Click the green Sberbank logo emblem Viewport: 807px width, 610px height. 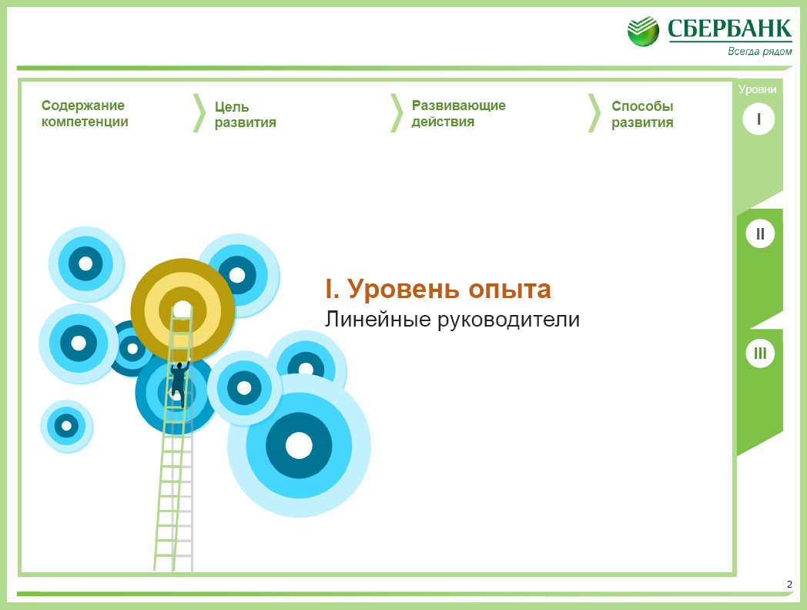(x=643, y=32)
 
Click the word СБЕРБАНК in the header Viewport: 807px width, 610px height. (x=730, y=28)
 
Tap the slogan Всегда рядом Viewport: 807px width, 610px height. (x=760, y=51)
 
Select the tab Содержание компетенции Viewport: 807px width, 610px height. (x=85, y=114)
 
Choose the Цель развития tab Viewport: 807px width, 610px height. (x=246, y=114)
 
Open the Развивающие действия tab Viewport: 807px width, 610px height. (x=459, y=114)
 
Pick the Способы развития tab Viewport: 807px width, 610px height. (x=642, y=114)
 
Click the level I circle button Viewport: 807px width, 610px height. (x=758, y=119)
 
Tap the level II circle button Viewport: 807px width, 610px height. (x=760, y=233)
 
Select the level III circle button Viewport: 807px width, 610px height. (x=760, y=353)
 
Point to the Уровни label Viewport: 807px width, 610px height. (x=757, y=89)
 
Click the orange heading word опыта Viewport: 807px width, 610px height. (x=510, y=290)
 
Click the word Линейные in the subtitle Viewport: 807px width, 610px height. (x=377, y=319)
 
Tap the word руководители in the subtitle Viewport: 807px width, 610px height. (x=508, y=320)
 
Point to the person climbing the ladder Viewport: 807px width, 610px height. (x=179, y=383)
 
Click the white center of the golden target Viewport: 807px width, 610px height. (x=182, y=310)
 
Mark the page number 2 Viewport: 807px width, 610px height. (x=789, y=585)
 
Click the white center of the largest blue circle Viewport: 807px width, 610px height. (x=299, y=445)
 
